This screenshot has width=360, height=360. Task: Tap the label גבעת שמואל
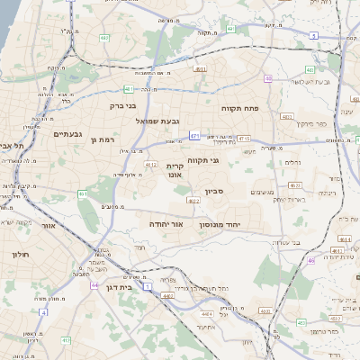(160, 121)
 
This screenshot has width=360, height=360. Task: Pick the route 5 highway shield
(313, 35)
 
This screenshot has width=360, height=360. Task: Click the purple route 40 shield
(269, 79)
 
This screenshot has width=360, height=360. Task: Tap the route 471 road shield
(194, 136)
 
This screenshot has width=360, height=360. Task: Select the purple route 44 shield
(94, 284)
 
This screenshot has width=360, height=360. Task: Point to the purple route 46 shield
(310, 260)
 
